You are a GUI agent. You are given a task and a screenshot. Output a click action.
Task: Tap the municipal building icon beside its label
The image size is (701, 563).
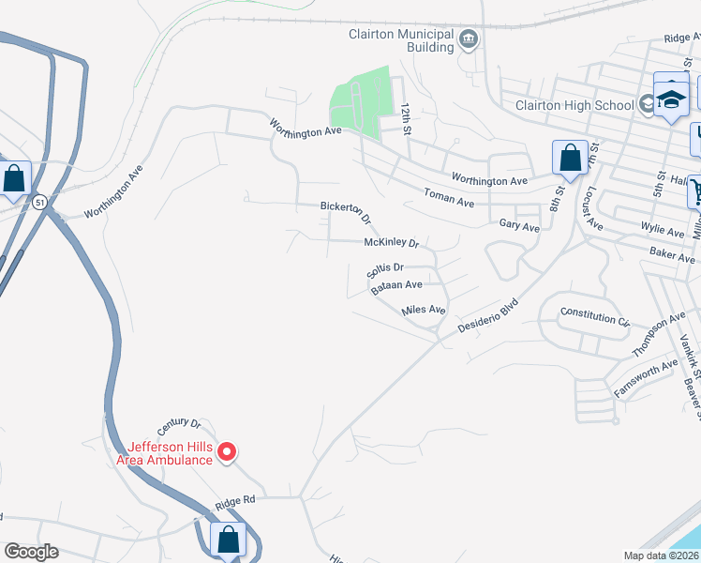point(469,39)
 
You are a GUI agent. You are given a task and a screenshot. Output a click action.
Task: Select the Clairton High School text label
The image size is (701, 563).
point(574,105)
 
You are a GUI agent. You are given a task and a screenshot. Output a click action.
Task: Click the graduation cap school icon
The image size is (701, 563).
point(671,99)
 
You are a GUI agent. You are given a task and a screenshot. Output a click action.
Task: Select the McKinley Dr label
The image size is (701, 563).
point(392,243)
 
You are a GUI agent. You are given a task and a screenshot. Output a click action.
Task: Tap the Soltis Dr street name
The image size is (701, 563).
point(384,270)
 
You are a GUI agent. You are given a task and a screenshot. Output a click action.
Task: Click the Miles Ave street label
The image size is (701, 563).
point(423,310)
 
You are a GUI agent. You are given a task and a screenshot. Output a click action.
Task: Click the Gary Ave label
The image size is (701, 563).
point(519,226)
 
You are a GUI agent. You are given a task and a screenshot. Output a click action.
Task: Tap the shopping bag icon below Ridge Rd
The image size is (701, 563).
point(228,540)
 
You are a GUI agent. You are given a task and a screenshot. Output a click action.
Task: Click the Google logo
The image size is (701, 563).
point(31,552)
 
